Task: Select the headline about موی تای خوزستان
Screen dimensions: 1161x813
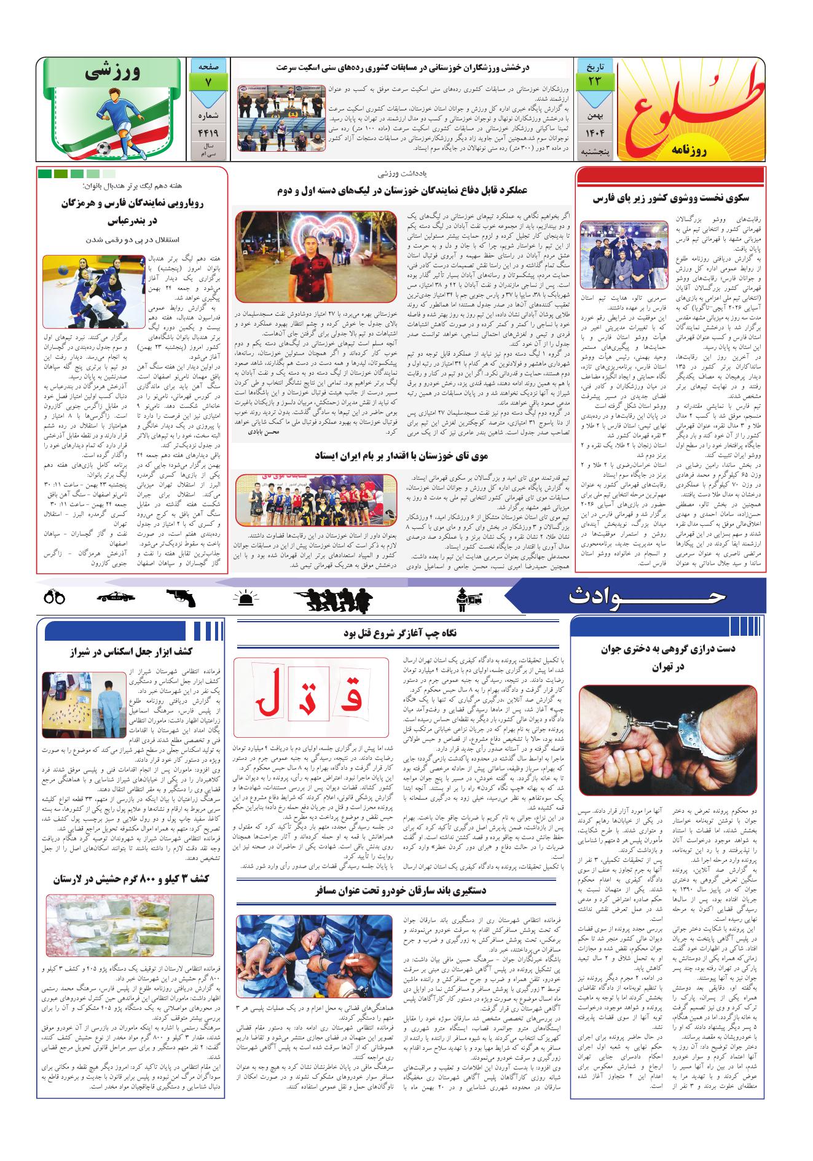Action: pos(401,455)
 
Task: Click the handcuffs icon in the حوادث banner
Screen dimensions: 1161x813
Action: pos(55,596)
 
